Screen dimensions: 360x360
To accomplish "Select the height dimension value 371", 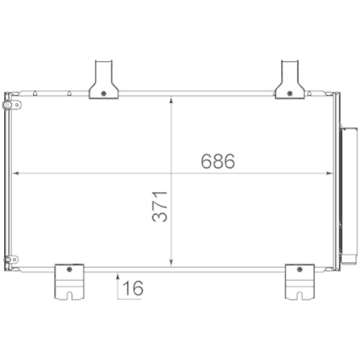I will click(161, 207).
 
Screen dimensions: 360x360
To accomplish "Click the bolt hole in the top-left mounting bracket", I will click(104, 92).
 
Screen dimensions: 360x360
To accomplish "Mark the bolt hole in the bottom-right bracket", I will click(295, 269).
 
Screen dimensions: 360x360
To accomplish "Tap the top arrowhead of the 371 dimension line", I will click(171, 100).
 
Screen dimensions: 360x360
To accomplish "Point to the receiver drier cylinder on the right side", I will click(350, 194).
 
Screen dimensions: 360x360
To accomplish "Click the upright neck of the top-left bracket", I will click(103, 72).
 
